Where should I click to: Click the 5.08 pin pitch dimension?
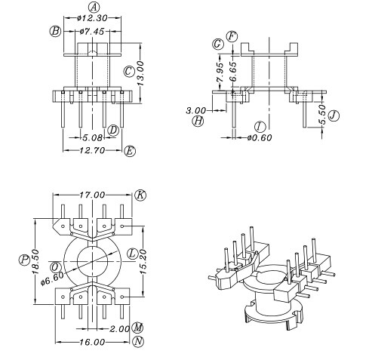point(93,138)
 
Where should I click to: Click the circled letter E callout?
point(131,151)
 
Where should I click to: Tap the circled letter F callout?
point(232,35)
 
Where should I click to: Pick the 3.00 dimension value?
point(196,110)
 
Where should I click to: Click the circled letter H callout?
point(198,121)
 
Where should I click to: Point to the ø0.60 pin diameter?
point(259,137)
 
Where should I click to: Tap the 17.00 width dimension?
point(93,195)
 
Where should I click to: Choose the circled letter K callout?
point(140,195)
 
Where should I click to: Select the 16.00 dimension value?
point(93,342)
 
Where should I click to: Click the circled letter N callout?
point(138,342)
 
